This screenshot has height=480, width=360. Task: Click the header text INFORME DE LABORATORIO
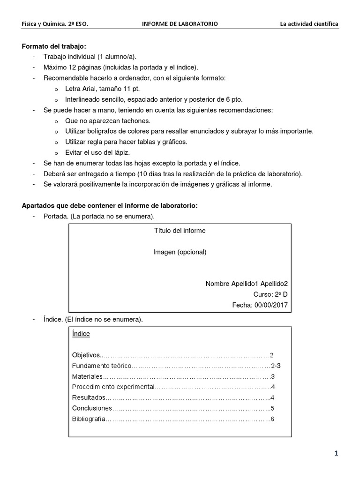click(180, 23)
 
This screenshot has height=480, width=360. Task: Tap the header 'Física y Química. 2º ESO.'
click(55, 23)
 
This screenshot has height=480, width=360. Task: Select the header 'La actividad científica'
click(309, 23)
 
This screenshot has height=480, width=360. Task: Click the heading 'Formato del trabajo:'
click(54, 46)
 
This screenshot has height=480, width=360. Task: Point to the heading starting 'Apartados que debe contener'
click(110, 205)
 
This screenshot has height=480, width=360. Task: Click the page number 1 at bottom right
click(336, 453)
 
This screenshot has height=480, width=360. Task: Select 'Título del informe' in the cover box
click(180, 231)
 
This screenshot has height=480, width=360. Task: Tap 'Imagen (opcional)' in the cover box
click(180, 252)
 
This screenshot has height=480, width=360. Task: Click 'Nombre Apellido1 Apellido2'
click(247, 284)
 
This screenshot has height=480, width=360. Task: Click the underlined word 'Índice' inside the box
click(81, 334)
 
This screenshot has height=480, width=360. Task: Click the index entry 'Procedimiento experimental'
click(113, 387)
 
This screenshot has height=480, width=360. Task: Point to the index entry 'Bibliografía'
click(89, 419)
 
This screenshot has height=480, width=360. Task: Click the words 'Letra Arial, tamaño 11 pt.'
click(103, 89)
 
